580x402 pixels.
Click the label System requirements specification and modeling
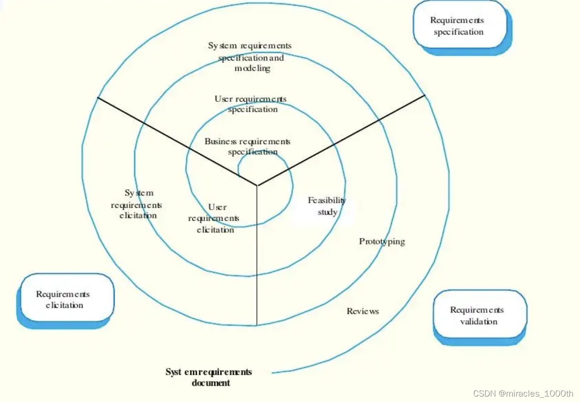coord(250,57)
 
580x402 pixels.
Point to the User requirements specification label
coord(251,104)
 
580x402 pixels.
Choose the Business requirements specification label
coord(248,146)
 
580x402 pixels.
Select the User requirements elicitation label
coord(215,218)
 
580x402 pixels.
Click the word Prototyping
coord(382,241)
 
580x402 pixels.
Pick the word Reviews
coord(363,311)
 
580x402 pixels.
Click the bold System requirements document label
coord(209,377)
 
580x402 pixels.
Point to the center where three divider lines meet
coord(257,186)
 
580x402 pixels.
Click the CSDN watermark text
coord(523,393)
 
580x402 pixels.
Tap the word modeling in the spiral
coord(252,69)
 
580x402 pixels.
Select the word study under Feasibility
coord(327,212)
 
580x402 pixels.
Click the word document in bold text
coord(211,383)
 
